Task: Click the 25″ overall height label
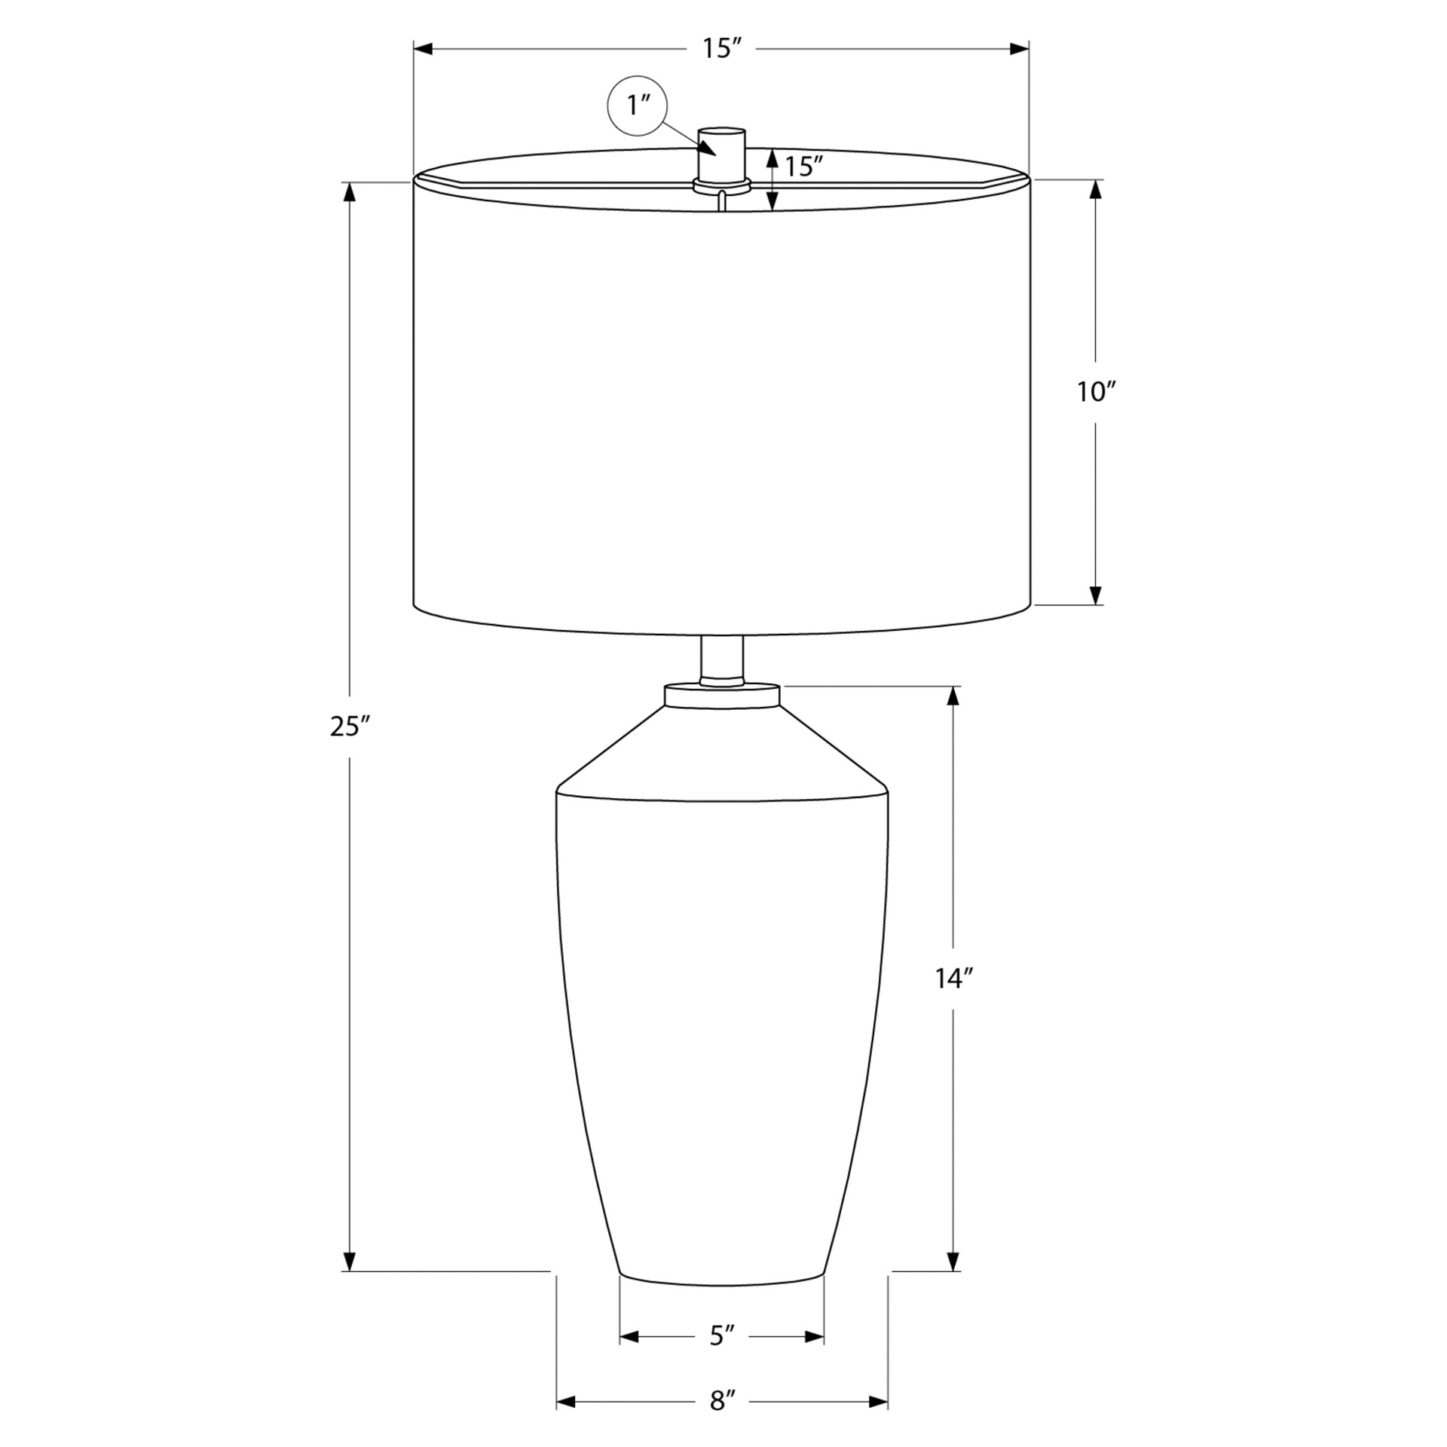[x=350, y=726]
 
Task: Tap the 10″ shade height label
[x=1096, y=391]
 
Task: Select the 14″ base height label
[x=954, y=978]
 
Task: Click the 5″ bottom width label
[x=721, y=1357]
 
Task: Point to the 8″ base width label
[x=721, y=1422]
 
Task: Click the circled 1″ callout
[x=638, y=106]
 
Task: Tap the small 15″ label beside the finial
[x=803, y=167]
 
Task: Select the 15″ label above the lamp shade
[x=721, y=48]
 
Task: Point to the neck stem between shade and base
[x=722, y=659]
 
